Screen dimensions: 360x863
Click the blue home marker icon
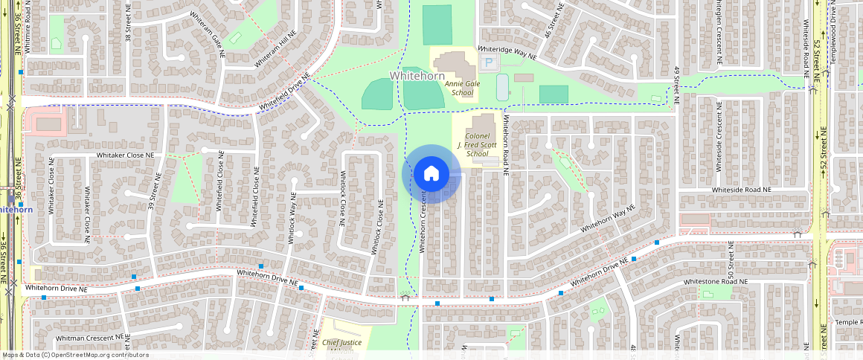(x=431, y=174)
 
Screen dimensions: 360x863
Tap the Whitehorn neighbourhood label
(x=417, y=76)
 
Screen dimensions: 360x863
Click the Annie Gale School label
(x=462, y=89)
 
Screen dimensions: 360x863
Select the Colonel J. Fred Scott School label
(x=476, y=145)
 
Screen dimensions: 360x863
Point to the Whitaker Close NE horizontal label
(x=124, y=155)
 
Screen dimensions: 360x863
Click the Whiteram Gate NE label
(x=206, y=28)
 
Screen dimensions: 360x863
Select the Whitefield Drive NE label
(x=283, y=95)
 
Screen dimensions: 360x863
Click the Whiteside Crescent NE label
(x=719, y=142)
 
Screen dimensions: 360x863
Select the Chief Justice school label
(x=341, y=343)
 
